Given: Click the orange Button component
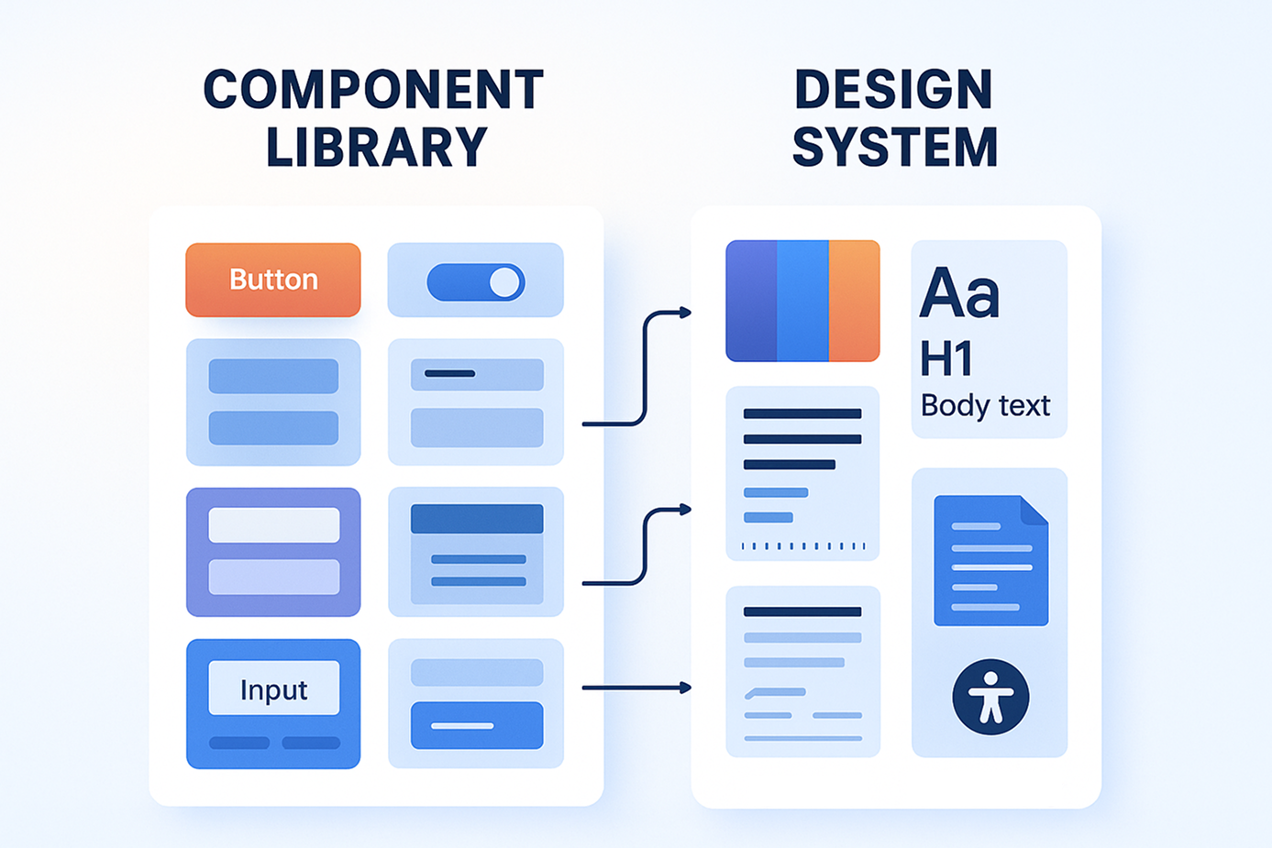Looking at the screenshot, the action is (x=273, y=280).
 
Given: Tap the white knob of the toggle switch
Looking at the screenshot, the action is (x=504, y=282).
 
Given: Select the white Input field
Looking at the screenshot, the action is (x=273, y=688).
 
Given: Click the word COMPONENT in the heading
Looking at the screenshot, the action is (x=373, y=90).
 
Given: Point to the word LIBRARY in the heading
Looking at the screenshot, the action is (x=376, y=148).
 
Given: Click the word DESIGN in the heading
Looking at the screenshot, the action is (x=893, y=90).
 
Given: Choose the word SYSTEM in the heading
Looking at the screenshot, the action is (x=895, y=148).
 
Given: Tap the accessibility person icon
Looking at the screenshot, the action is (x=990, y=697).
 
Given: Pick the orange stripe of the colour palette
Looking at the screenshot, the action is (x=854, y=301).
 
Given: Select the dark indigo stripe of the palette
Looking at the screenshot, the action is (x=751, y=301).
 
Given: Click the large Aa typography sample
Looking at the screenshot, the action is (x=959, y=293).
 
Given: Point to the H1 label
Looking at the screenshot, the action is (x=946, y=358).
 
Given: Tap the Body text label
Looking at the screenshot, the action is (x=985, y=405).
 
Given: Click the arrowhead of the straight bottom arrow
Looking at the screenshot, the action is (x=685, y=688).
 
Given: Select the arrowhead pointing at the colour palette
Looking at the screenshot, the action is (x=684, y=313).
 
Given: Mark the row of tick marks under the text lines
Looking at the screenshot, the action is (x=802, y=546).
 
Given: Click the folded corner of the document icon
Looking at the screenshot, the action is (x=1035, y=510).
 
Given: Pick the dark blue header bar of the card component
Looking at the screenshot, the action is (x=477, y=519).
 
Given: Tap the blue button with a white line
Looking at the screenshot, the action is (x=477, y=725).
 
